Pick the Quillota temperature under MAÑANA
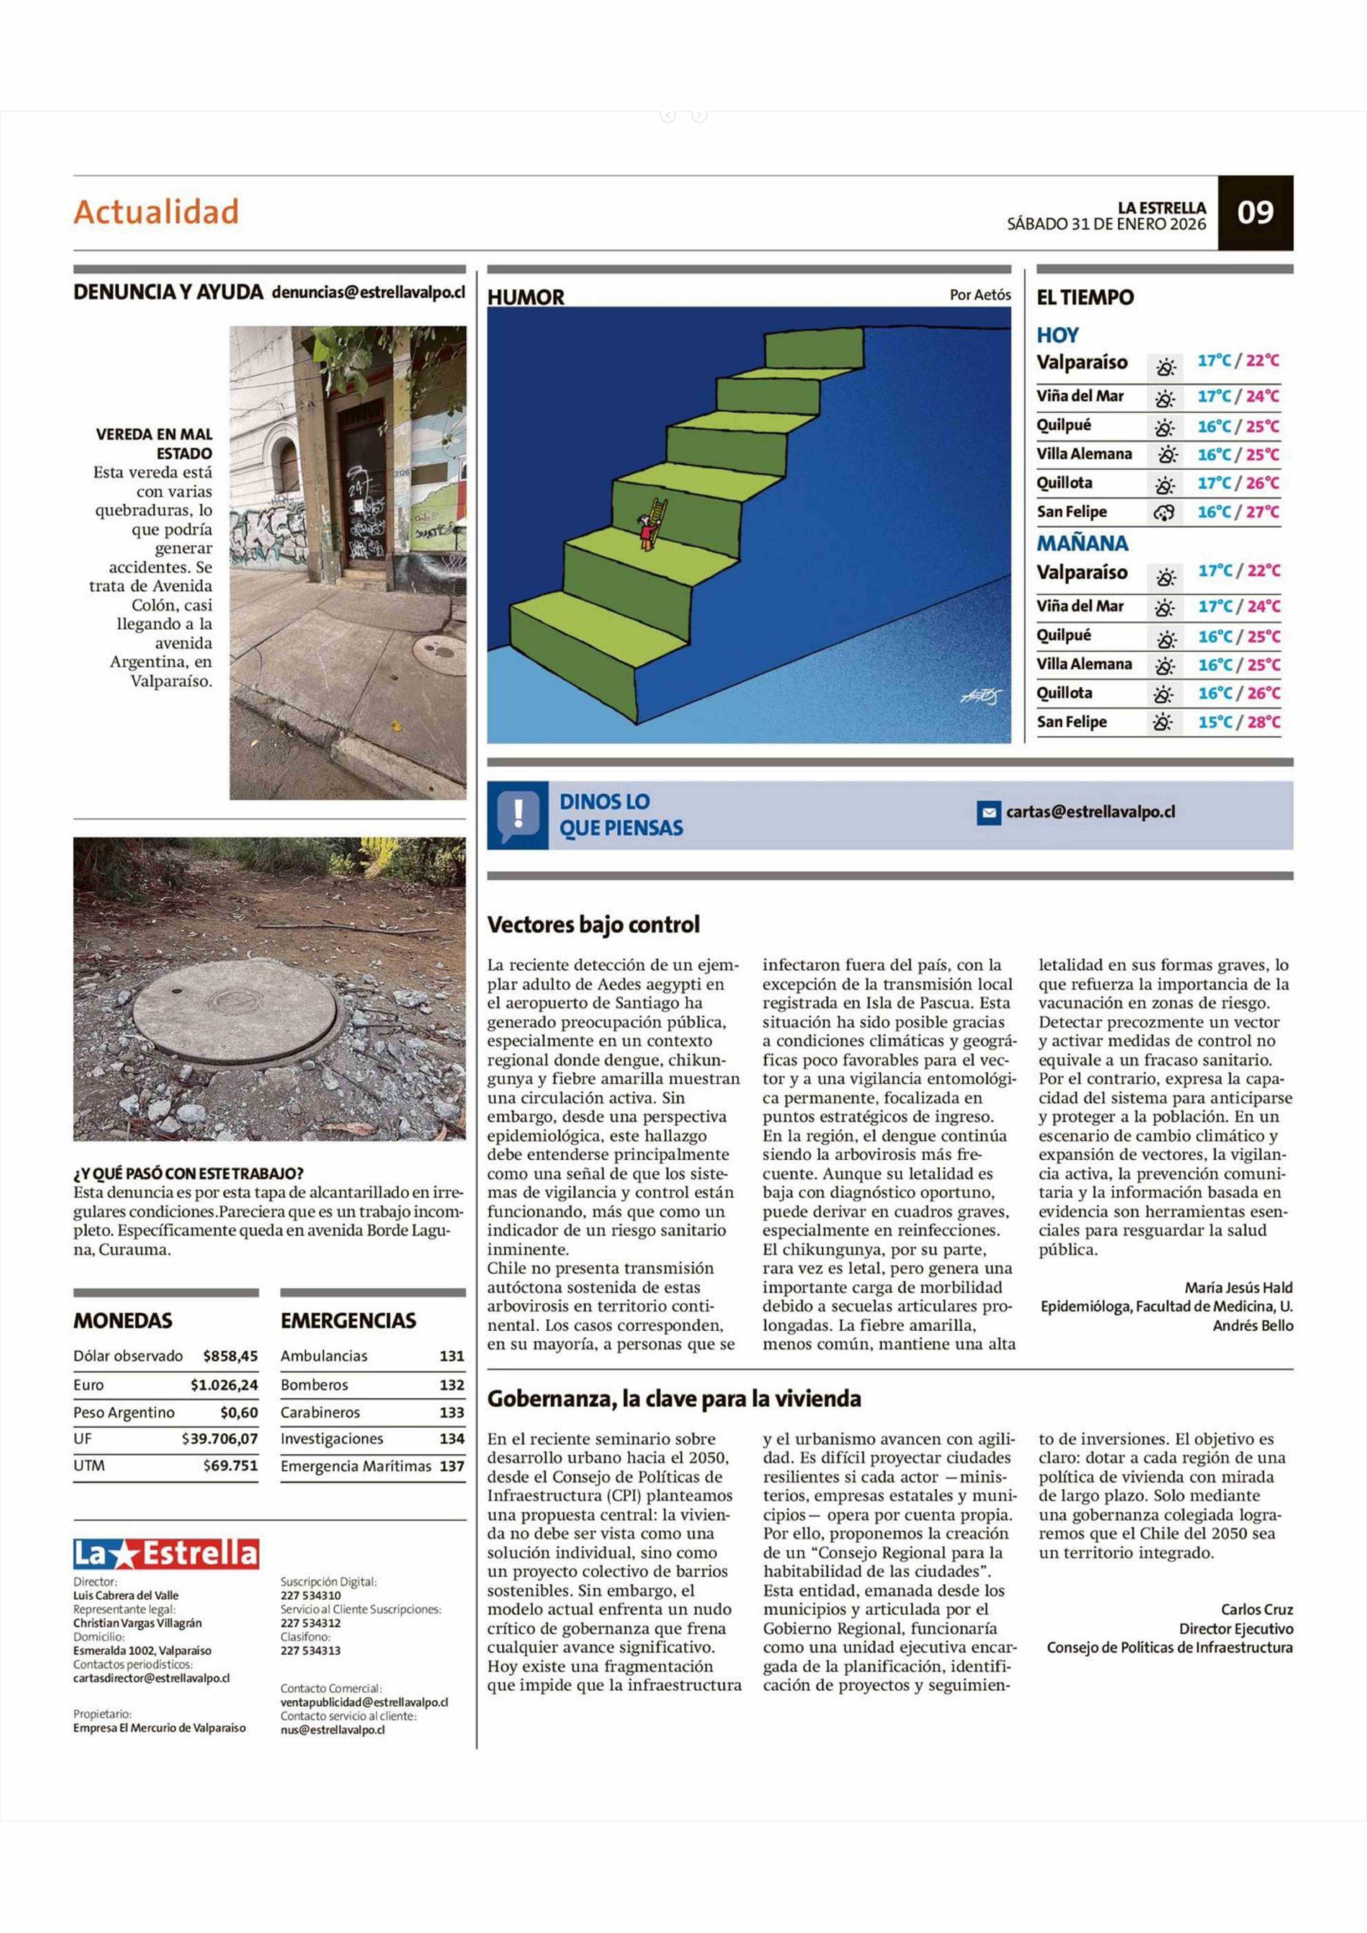pos(1238,693)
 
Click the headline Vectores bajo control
pos(594,924)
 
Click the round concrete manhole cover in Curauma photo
pos(235,1010)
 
